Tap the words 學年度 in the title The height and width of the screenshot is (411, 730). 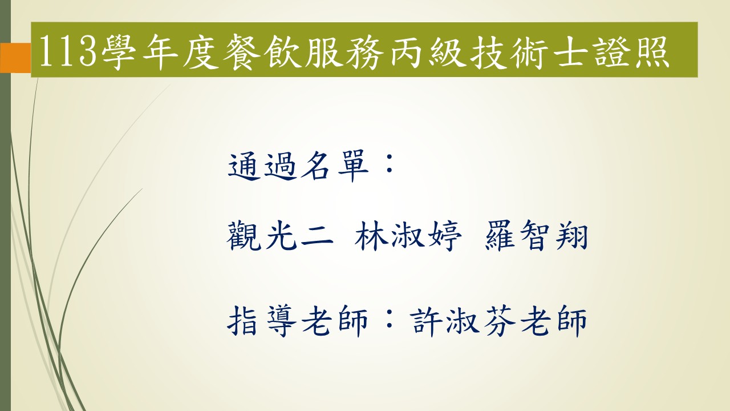(160, 51)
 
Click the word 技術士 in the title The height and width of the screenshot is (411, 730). (529, 51)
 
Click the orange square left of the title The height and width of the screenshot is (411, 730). (15, 58)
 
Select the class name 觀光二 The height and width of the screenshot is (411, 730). (280, 236)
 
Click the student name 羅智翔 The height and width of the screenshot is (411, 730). (537, 236)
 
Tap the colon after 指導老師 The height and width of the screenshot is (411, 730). (389, 319)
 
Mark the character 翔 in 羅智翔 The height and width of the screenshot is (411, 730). (571, 236)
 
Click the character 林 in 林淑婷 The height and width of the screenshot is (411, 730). (371, 236)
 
